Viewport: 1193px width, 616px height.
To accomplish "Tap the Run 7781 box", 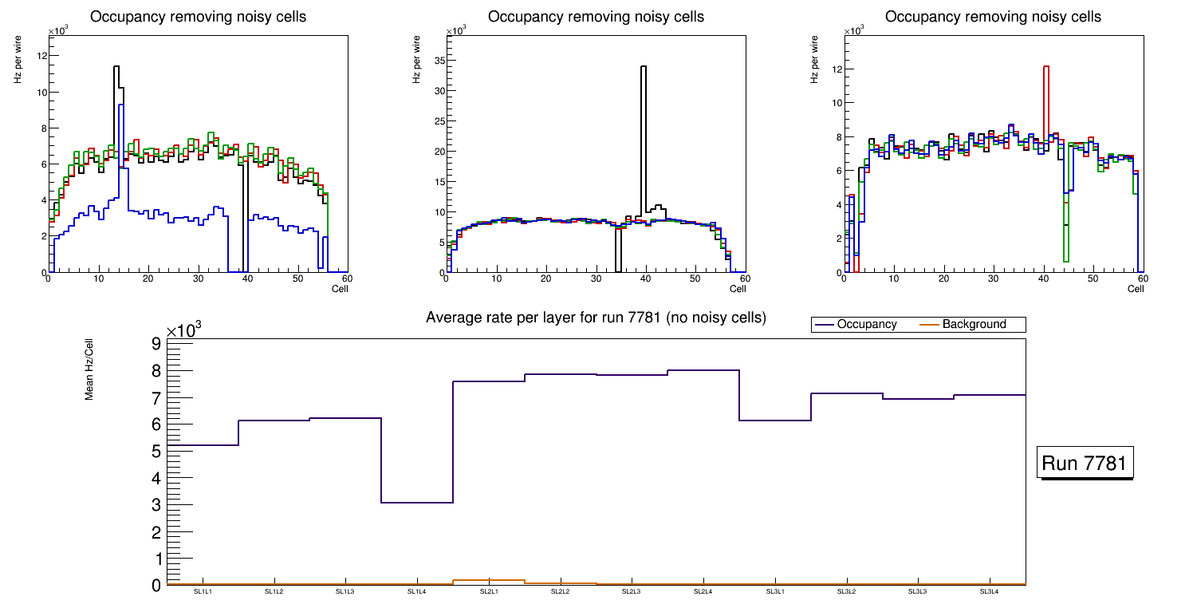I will coord(1085,463).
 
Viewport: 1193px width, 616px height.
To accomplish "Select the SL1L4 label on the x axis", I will coord(417,591).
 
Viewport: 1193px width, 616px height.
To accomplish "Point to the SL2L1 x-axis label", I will coord(489,591).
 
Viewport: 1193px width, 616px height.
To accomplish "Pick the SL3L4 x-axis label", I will coord(990,591).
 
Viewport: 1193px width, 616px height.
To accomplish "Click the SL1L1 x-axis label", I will coord(203,591).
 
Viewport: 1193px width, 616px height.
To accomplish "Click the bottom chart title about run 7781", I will coord(596,318).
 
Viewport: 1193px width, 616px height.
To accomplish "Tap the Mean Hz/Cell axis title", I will coord(90,368).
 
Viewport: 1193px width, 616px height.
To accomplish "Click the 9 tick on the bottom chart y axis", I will coord(156,344).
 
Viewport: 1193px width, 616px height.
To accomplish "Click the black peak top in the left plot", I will coord(116,66).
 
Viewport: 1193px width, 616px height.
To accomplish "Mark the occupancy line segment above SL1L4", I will coord(417,502).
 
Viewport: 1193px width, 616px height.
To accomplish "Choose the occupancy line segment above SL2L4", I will coord(703,370).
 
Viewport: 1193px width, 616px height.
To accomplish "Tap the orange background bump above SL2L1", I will coord(489,580).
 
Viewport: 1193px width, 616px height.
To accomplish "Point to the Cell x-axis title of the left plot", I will coord(340,289).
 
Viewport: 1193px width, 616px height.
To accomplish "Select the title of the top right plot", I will coord(993,17).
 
